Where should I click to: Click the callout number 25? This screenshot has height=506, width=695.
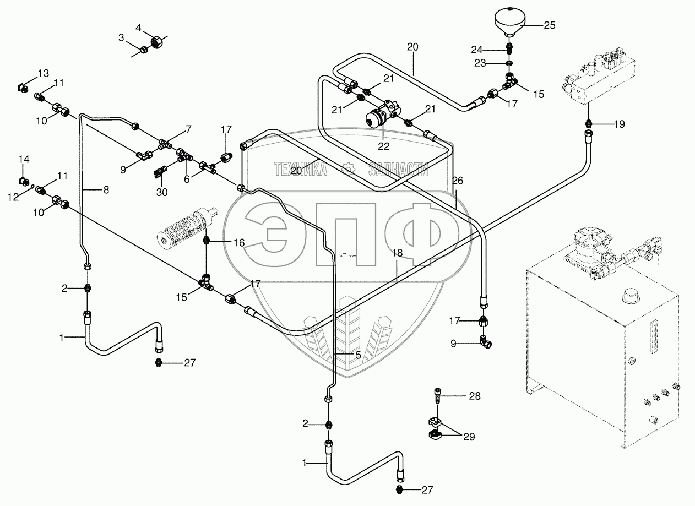point(549,25)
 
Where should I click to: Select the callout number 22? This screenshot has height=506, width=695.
point(383,146)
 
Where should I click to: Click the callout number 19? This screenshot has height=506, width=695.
point(620,124)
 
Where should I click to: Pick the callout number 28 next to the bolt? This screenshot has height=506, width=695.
point(475,396)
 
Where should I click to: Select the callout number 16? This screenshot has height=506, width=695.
point(238,242)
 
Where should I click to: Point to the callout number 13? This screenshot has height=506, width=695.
point(44,73)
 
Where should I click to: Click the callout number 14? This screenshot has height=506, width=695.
point(24,160)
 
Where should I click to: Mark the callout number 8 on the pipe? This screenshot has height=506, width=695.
point(106,189)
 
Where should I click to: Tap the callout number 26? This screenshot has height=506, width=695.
point(458,180)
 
